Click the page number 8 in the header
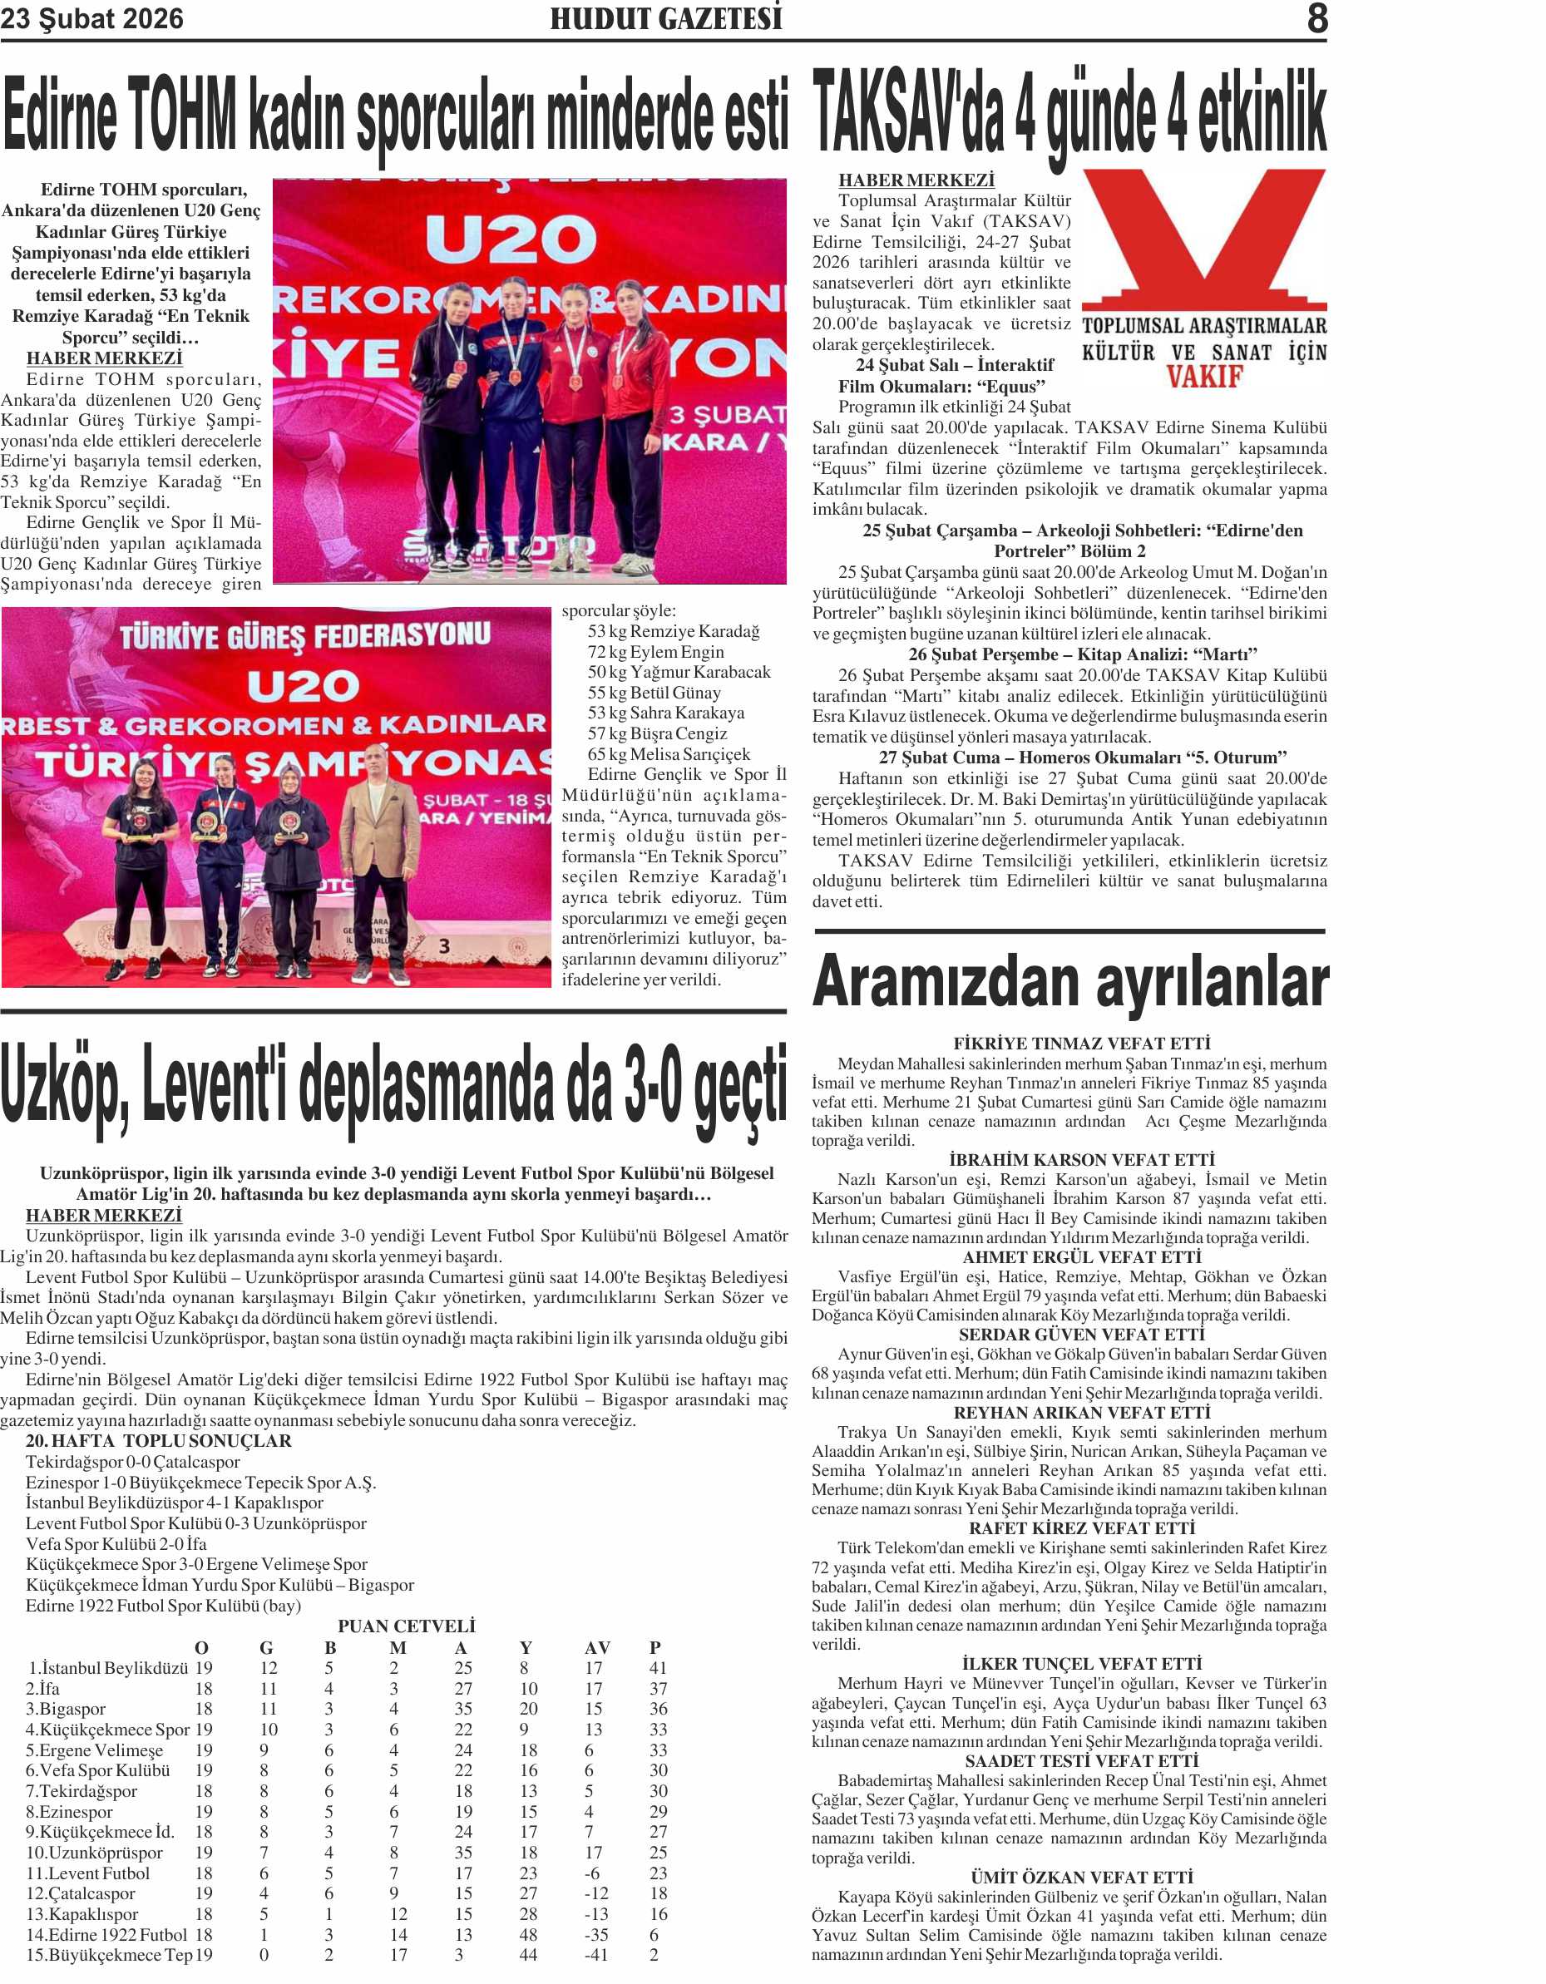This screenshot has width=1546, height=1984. [x=1316, y=18]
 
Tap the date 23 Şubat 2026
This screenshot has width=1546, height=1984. [x=91, y=19]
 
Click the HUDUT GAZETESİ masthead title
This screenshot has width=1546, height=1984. [x=666, y=18]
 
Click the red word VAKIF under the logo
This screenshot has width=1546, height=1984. [x=1204, y=376]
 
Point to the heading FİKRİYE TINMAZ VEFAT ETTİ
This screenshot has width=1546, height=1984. [x=1082, y=1044]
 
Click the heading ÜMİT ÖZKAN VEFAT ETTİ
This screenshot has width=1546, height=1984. [x=1082, y=1877]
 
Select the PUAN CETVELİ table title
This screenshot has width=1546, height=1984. [x=406, y=1626]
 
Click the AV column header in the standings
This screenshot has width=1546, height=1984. [x=597, y=1648]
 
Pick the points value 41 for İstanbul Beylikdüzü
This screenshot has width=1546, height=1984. [x=658, y=1668]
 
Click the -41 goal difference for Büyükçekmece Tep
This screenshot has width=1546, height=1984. [x=596, y=1955]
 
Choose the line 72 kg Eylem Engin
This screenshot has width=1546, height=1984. [x=656, y=651]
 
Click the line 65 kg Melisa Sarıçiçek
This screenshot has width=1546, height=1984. [x=669, y=754]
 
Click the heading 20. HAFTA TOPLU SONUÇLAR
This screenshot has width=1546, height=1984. [x=158, y=1441]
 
